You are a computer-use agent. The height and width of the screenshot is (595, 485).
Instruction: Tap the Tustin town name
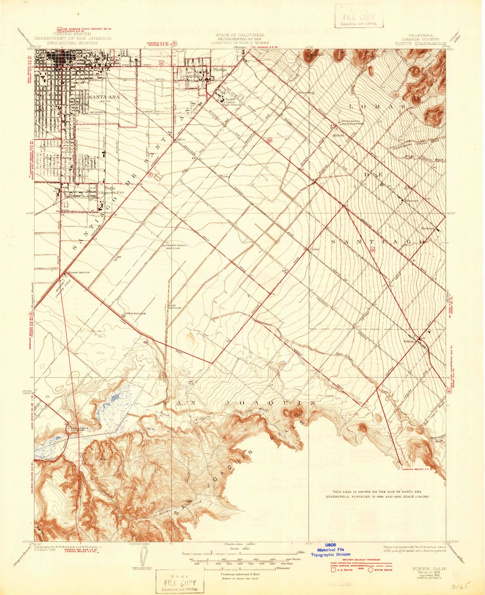[219, 70]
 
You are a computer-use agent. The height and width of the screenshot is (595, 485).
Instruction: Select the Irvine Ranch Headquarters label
[352, 122]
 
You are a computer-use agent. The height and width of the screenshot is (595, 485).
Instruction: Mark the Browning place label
[306, 92]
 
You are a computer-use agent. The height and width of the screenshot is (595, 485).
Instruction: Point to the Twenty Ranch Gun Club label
[176, 247]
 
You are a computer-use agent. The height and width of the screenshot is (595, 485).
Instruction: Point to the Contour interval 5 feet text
[240, 574]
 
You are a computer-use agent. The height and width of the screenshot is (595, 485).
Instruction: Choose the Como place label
[315, 249]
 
